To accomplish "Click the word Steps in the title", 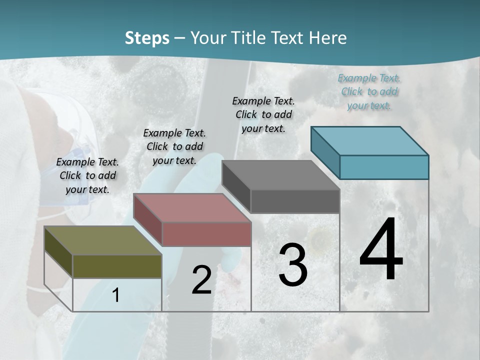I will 147,38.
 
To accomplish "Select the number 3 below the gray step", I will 292,265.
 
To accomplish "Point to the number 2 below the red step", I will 201,280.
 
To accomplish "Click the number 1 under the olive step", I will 115,295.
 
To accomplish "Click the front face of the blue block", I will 384,167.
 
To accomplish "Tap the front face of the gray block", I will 295,201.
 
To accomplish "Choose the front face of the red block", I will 206,234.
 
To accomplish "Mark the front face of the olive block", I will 117,266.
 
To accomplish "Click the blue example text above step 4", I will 369,91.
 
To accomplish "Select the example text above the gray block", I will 263,114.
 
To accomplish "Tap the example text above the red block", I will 174,146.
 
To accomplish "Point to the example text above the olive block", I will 87,175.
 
